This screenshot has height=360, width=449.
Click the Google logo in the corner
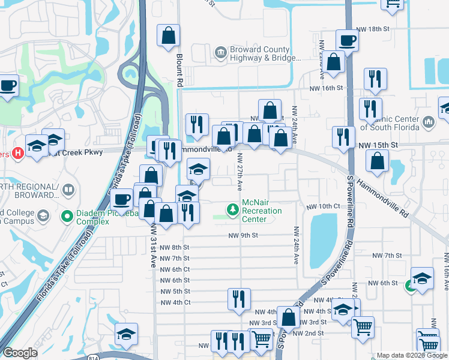click(x=20, y=353)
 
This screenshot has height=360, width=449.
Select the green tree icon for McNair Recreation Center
click(x=232, y=209)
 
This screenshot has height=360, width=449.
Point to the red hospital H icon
click(x=18, y=153)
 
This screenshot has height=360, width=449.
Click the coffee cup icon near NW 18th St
click(x=347, y=41)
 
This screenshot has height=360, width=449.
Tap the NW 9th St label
click(x=243, y=236)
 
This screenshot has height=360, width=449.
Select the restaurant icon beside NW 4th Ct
click(x=239, y=298)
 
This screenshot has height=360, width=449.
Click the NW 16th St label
click(x=326, y=88)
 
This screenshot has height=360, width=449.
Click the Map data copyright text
click(x=411, y=355)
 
